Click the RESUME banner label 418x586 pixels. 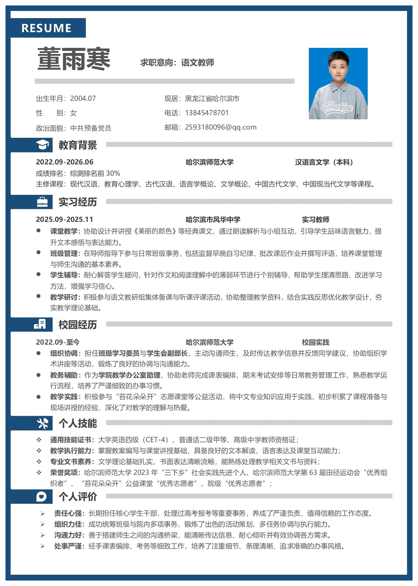coord(47,28)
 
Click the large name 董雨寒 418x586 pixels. coord(74,59)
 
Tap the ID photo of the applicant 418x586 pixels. coord(338,83)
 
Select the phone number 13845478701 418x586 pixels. coord(207,113)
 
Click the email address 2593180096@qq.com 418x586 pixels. coord(221,127)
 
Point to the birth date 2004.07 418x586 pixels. coord(83,98)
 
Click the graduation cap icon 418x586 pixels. coord(42,145)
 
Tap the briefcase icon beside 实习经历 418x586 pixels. coord(42,202)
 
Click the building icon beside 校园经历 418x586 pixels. coord(40,324)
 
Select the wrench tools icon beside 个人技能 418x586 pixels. coord(42,423)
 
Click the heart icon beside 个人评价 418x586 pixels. coord(41,496)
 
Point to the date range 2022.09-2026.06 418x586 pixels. coord(65,162)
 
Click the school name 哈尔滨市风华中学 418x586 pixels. coord(213,219)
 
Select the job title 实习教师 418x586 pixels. coord(315,219)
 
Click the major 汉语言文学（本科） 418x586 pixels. coord(324,162)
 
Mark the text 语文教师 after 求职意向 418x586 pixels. coord(197,63)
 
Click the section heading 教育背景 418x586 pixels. coord(78,145)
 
